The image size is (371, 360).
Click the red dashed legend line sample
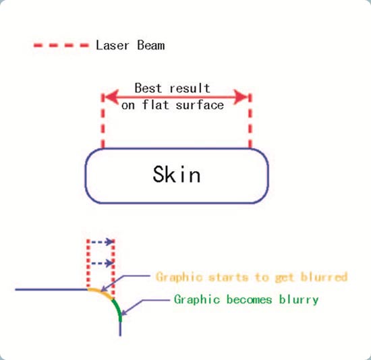click(x=61, y=45)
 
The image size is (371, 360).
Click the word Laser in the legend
click(x=112, y=45)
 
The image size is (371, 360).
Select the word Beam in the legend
click(x=151, y=45)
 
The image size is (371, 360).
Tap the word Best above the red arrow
click(x=148, y=88)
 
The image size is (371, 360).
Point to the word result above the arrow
click(x=190, y=88)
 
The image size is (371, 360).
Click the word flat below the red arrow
click(x=156, y=104)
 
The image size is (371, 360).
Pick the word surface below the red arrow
click(x=200, y=105)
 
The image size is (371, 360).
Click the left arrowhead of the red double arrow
click(x=111, y=97)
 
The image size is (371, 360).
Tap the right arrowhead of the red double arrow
click(x=241, y=97)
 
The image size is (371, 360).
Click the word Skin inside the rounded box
click(x=177, y=175)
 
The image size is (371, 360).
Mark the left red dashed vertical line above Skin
click(x=103, y=121)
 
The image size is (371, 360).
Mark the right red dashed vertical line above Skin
click(x=250, y=121)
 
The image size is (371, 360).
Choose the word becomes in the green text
click(x=249, y=300)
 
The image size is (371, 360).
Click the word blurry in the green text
click(x=299, y=300)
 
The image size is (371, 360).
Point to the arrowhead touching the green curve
click(x=124, y=312)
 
